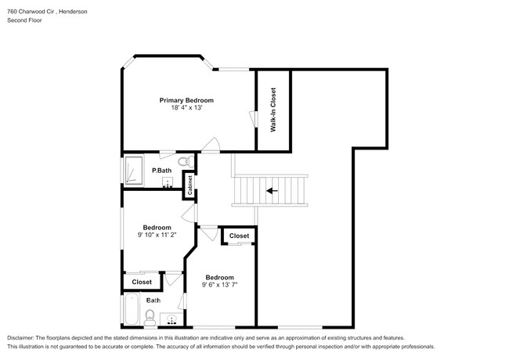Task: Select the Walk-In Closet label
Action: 273,109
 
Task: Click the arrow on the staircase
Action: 272,189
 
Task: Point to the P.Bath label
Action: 162,171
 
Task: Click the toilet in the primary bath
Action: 185,162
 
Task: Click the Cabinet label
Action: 190,185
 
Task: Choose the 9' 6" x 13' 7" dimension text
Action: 219,286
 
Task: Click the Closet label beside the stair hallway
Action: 239,236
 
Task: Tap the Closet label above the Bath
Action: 142,282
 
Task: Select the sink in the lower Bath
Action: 171,319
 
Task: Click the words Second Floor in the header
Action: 25,20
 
